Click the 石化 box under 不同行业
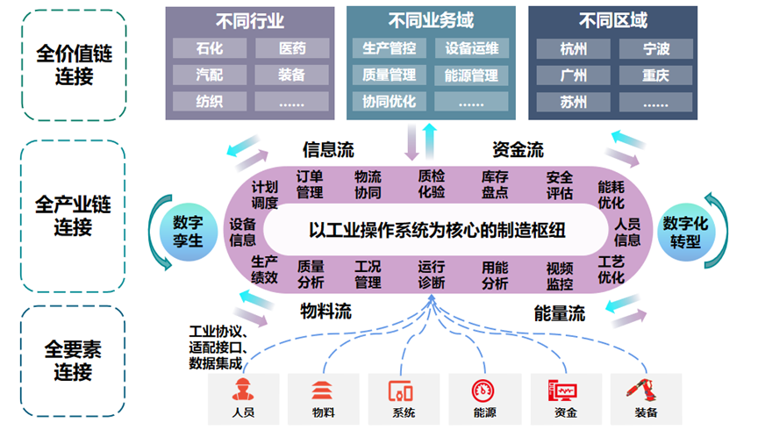click(x=210, y=47)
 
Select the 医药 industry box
click(x=292, y=47)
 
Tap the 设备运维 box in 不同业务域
click(x=471, y=47)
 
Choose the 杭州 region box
click(x=573, y=47)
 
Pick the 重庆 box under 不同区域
click(x=654, y=75)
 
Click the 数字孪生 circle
click(x=188, y=230)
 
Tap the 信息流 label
click(x=328, y=149)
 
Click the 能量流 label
click(x=559, y=312)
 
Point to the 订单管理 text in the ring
click(x=310, y=184)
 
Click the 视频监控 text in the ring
click(x=559, y=276)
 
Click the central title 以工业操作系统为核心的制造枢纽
click(x=437, y=231)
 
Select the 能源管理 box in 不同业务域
click(x=471, y=75)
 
